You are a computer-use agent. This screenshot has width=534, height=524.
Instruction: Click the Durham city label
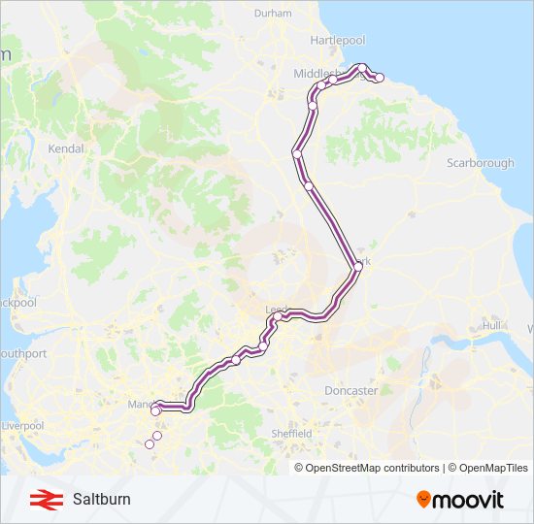(x=272, y=14)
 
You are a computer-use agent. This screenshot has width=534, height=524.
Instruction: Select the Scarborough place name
(x=480, y=163)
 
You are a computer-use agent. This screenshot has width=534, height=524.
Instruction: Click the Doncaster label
(x=350, y=390)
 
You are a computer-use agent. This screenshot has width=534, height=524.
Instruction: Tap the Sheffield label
(x=291, y=433)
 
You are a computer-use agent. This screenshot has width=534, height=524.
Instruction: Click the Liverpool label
(x=22, y=426)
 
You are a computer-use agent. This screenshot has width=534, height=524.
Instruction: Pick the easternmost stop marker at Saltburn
(x=380, y=78)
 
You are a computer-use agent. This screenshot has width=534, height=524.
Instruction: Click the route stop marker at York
(x=357, y=265)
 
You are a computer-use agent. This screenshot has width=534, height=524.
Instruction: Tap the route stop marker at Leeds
(x=278, y=316)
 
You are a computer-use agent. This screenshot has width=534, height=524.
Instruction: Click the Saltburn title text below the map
(x=101, y=500)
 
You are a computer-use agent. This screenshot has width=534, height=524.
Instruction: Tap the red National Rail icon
(x=43, y=500)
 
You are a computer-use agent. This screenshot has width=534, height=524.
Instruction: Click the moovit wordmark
(x=468, y=500)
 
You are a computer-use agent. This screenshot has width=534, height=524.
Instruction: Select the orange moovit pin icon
(x=423, y=499)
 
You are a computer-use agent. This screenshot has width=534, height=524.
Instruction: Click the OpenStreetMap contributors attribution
(x=372, y=468)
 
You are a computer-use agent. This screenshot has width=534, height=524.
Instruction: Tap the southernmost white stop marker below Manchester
(x=150, y=444)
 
